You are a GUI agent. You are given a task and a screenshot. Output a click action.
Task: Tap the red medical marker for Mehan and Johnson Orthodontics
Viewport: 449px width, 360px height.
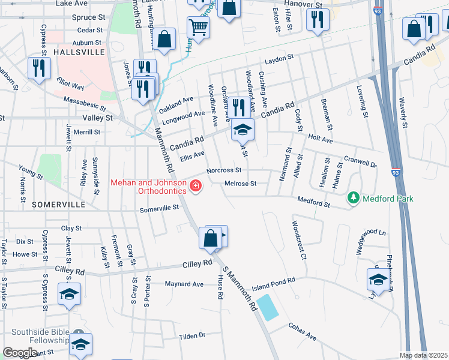click(194, 187)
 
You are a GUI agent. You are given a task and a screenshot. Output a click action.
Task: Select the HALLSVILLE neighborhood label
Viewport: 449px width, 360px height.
click(79, 52)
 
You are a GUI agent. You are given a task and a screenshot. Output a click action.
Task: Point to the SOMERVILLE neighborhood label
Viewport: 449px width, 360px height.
click(58, 205)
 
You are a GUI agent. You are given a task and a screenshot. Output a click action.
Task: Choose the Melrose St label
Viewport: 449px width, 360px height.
click(240, 184)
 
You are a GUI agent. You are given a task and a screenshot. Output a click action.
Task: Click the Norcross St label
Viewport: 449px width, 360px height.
click(223, 170)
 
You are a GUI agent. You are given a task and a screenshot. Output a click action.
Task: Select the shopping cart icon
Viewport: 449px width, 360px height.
click(197, 26)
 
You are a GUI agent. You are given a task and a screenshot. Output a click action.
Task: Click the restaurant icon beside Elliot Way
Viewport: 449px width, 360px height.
click(40, 67)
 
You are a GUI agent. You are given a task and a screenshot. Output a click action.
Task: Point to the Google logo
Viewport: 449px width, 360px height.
click(20, 353)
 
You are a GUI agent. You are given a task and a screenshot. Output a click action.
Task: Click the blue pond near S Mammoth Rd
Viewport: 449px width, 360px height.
click(267, 307)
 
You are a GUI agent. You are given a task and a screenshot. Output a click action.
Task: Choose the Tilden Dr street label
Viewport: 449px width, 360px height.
click(192, 336)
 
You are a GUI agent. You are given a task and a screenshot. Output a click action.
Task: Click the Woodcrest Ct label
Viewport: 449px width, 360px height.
click(299, 239)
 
